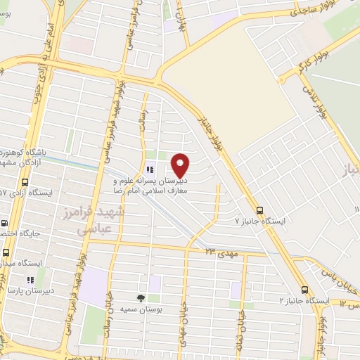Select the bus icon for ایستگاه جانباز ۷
tap(260, 210)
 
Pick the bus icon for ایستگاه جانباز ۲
tap(304, 289)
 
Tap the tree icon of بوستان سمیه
tap(141, 298)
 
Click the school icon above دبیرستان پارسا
tap(30, 280)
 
